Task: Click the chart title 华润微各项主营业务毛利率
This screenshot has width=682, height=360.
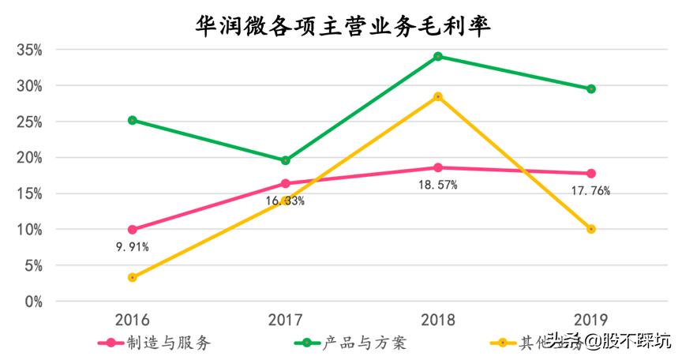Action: click(343, 25)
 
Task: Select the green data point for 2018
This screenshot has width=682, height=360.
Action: click(438, 56)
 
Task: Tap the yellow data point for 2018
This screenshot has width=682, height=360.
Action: click(438, 96)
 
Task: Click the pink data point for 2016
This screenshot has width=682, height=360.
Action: click(132, 230)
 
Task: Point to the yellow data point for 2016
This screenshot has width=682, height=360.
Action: click(132, 277)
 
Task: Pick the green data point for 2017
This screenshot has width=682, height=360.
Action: click(285, 160)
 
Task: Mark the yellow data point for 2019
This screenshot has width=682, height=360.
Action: click(591, 229)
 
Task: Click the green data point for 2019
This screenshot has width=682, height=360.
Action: click(591, 88)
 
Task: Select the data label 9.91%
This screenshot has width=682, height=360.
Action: click(132, 246)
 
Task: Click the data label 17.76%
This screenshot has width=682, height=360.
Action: click(591, 190)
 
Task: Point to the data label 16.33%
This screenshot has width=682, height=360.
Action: click(285, 201)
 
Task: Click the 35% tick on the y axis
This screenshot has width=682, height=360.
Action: click(28, 50)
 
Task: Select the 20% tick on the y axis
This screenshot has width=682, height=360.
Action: click(28, 158)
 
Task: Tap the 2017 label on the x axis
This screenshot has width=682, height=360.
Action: click(285, 320)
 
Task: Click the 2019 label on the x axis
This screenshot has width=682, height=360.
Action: click(591, 320)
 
